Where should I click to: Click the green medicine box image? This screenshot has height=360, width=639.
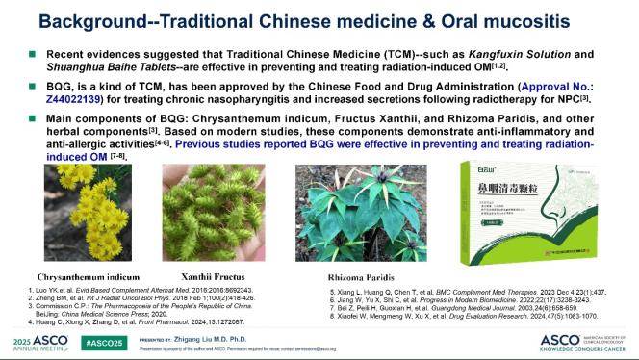(x=515, y=199)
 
